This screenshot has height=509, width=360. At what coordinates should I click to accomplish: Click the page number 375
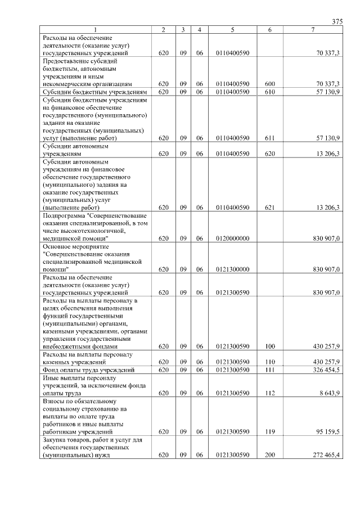point(337,21)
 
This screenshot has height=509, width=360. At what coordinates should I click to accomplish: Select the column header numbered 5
point(232,29)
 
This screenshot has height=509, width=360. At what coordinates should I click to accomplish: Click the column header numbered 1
point(96,29)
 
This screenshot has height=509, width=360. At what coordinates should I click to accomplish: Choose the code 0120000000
point(232,238)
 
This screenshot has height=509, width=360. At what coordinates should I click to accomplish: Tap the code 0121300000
point(232,269)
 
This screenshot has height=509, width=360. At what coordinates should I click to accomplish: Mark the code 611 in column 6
point(269,138)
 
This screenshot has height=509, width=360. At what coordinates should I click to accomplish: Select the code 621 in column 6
point(269,208)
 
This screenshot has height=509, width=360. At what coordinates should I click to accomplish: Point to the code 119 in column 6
point(269,431)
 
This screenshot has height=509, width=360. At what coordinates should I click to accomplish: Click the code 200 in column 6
point(269,455)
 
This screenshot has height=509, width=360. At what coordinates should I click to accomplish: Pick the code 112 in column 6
point(269,393)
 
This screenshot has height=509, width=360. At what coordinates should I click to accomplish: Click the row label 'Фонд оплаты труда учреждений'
point(88,370)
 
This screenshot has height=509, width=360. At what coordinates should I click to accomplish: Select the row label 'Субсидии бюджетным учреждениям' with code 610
point(95,91)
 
